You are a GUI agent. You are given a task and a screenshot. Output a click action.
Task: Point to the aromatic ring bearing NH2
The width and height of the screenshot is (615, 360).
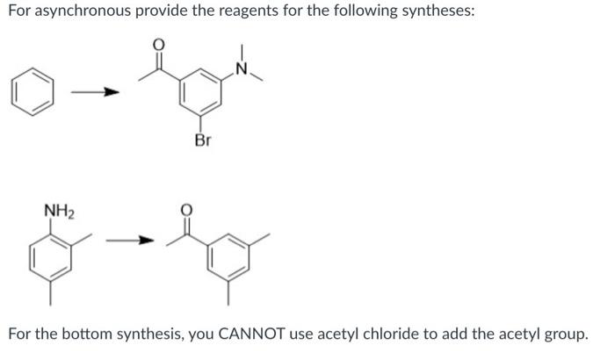click(x=49, y=257)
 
